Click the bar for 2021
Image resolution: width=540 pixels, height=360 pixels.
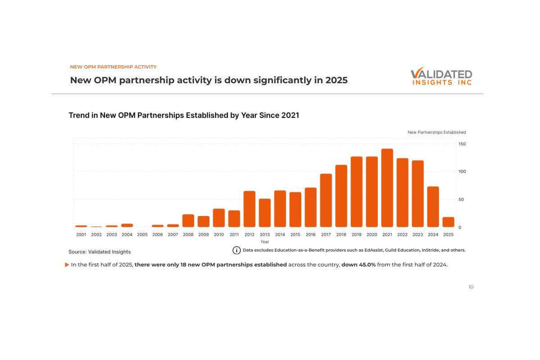(387, 188)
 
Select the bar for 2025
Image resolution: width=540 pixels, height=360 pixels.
(448, 222)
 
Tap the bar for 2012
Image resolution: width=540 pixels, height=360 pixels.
(249, 209)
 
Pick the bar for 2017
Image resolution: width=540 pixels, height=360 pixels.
(326, 201)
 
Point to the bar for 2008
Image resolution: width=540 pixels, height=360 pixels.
(188, 221)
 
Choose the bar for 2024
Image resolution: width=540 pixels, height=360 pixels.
(433, 207)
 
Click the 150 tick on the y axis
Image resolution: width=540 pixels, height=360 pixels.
(462, 144)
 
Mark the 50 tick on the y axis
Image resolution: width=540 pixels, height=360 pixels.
(461, 199)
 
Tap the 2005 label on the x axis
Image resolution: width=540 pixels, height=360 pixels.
(142, 234)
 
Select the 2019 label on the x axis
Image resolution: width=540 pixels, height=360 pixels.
(356, 234)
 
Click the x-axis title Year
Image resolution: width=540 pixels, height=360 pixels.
(265, 242)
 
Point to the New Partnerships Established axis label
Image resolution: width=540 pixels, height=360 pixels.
(436, 132)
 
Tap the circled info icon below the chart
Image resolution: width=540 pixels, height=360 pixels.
(236, 250)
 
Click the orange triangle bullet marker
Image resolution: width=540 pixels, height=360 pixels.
(67, 265)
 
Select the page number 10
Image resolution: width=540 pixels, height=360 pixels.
(471, 287)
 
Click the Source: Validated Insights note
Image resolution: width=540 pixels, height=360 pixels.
(99, 252)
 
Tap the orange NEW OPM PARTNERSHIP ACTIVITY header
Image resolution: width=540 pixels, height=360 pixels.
(113, 67)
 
